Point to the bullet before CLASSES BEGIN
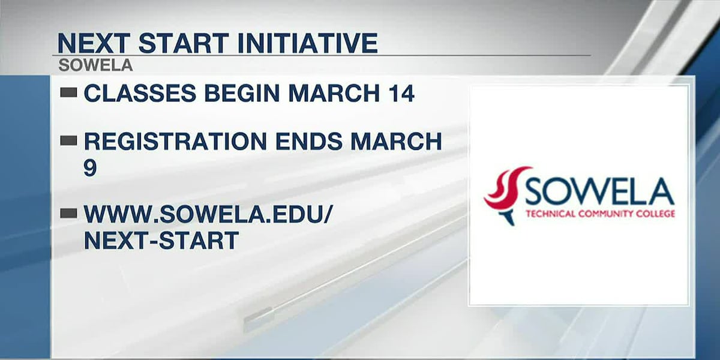69,92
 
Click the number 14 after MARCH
400,94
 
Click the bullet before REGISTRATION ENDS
69,140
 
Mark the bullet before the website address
69,212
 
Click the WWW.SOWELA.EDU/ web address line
208,214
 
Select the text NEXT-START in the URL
161,240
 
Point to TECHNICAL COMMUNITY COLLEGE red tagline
599,214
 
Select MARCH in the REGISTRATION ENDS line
397,142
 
